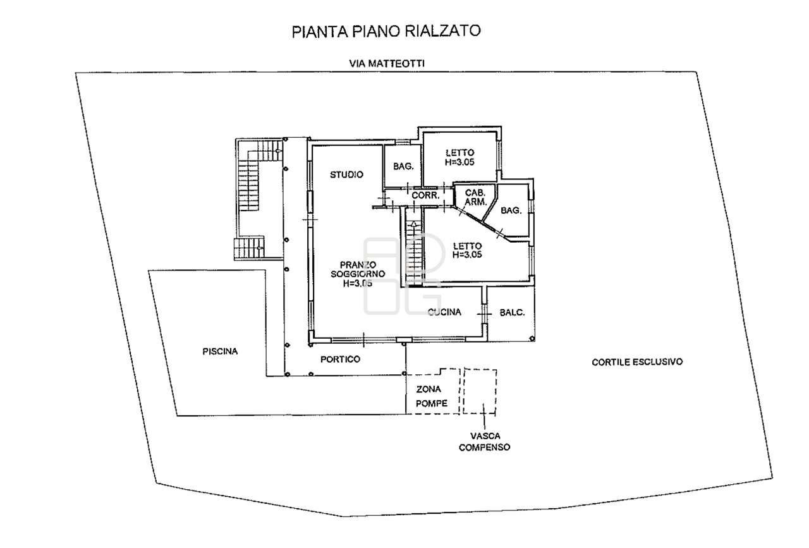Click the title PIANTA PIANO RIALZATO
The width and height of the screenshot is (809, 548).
point(386,32)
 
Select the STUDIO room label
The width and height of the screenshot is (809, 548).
point(346,174)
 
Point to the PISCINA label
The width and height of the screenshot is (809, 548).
point(220,351)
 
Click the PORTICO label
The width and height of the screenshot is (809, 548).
point(340,359)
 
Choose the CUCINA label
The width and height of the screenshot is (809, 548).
point(444,312)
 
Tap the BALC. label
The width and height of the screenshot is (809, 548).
point(513,312)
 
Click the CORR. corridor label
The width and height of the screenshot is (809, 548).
point(425,196)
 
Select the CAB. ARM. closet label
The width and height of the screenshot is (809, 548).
point(475,198)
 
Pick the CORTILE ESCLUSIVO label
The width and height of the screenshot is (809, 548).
point(638,362)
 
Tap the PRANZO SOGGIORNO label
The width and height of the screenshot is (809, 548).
point(354,274)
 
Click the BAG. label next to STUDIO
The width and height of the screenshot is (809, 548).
point(403,167)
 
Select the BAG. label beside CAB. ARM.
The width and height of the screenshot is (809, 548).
point(511,210)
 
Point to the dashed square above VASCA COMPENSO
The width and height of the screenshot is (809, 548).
point(480,392)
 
